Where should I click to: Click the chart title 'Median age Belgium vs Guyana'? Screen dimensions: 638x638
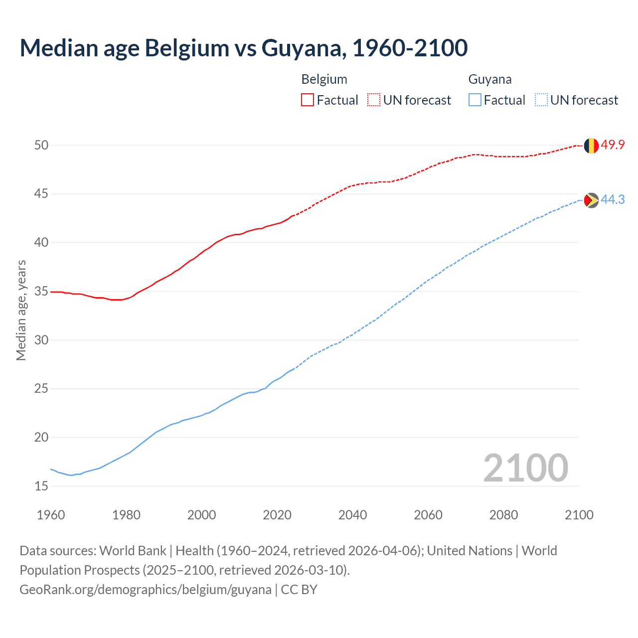click(x=243, y=48)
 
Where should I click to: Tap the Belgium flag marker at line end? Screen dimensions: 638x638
click(x=591, y=146)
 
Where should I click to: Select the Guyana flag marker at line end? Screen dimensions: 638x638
click(x=591, y=200)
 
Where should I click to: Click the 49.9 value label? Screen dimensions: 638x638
click(x=613, y=145)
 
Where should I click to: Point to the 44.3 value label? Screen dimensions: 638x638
click(x=613, y=200)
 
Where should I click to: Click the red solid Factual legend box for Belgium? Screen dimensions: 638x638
click(x=308, y=100)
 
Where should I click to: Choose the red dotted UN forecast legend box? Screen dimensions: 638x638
click(x=374, y=100)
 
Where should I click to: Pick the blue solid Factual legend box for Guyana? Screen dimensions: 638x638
click(x=475, y=100)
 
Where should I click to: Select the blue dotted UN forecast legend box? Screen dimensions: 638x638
click(x=541, y=100)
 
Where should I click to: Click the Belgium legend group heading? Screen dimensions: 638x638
click(x=324, y=79)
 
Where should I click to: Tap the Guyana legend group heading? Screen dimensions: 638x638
click(x=489, y=79)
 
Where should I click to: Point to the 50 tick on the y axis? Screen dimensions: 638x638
click(x=41, y=145)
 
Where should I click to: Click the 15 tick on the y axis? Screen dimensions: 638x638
click(x=41, y=486)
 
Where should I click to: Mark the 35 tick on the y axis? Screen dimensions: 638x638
click(x=41, y=291)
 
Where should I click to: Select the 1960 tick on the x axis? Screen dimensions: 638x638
click(x=51, y=515)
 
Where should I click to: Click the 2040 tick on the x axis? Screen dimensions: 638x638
click(x=352, y=515)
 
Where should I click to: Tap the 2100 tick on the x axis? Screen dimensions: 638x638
click(x=579, y=515)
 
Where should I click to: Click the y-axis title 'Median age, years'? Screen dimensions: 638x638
click(x=21, y=310)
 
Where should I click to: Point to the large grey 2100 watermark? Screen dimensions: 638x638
click(x=525, y=468)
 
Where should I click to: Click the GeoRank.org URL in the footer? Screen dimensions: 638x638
click(x=146, y=590)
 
